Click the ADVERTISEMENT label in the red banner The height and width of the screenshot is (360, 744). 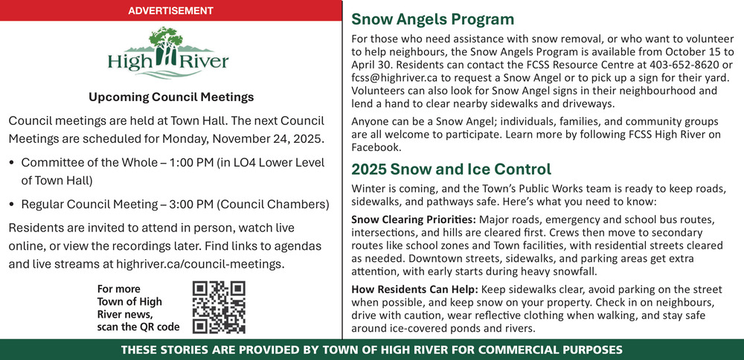pos(170,10)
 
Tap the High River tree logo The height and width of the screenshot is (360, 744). pos(168,52)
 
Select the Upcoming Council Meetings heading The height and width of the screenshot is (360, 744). pos(171,97)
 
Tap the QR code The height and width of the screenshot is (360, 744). pos(219,306)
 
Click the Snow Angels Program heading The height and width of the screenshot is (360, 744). pos(432,20)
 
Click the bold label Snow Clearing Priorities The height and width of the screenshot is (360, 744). pos(413,219)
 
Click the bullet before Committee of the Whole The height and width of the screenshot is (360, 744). pos(12,162)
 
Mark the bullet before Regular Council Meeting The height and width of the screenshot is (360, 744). pos(12,204)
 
